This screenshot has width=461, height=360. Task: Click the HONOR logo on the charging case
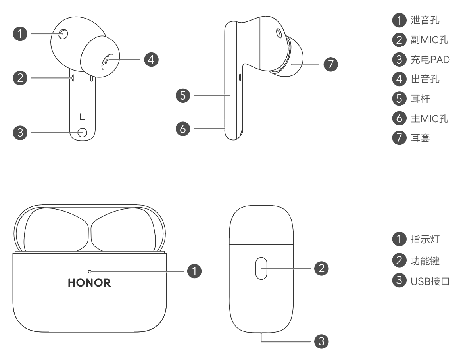tap(89, 283)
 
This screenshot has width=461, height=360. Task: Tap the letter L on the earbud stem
tap(82, 117)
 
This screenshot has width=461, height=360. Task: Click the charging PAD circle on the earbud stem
tap(82, 133)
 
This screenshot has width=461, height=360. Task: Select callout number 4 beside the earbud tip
tap(151, 60)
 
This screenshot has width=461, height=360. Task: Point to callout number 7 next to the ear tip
tap(330, 64)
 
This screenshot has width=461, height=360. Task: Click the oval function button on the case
tap(261, 268)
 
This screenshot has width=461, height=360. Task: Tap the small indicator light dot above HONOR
tap(90, 271)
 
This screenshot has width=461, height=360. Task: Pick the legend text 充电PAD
tap(430, 59)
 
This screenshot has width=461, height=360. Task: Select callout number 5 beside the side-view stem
tap(183, 96)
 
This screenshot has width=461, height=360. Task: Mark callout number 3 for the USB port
tap(321, 341)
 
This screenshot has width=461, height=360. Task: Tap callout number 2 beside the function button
tap(321, 268)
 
